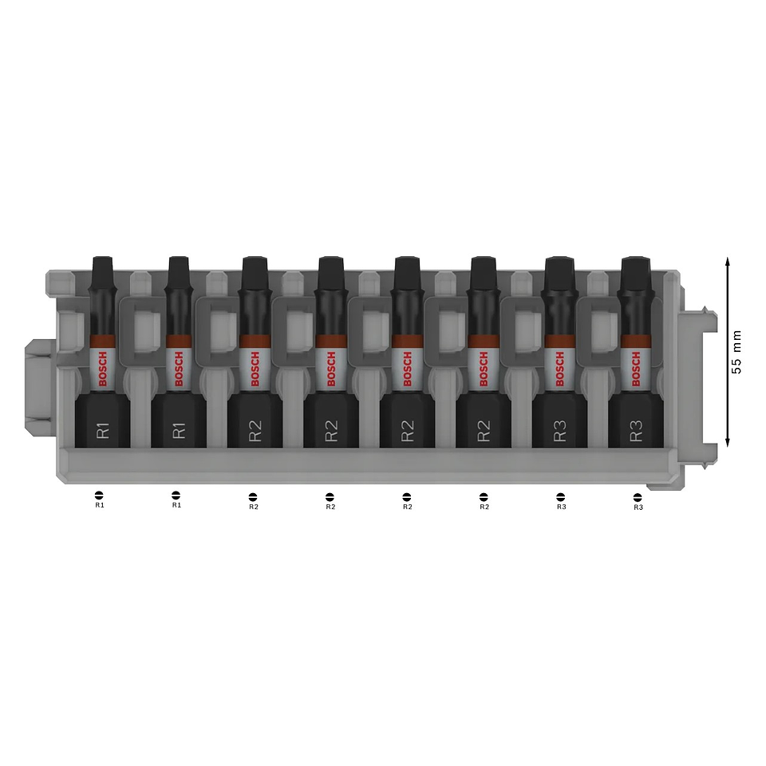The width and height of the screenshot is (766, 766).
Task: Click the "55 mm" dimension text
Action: click(x=736, y=352)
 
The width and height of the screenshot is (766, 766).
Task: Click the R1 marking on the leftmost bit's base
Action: click(x=102, y=432)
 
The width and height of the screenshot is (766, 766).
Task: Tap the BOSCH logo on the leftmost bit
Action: click(x=101, y=370)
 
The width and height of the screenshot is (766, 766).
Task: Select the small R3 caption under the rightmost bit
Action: click(x=638, y=507)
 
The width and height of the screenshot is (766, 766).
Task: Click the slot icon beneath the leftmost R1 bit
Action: click(x=100, y=495)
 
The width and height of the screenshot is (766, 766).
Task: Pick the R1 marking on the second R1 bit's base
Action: click(x=178, y=431)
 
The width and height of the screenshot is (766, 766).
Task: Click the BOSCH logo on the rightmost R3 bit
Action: click(x=636, y=370)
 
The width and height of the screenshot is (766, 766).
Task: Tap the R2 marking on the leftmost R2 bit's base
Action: click(x=255, y=432)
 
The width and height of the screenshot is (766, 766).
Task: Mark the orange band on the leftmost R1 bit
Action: click(x=101, y=341)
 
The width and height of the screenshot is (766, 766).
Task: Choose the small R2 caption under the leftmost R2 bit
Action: click(x=254, y=507)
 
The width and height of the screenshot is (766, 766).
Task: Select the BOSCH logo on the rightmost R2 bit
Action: click(x=484, y=370)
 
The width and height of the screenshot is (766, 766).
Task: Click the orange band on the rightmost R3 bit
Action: click(x=636, y=341)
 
